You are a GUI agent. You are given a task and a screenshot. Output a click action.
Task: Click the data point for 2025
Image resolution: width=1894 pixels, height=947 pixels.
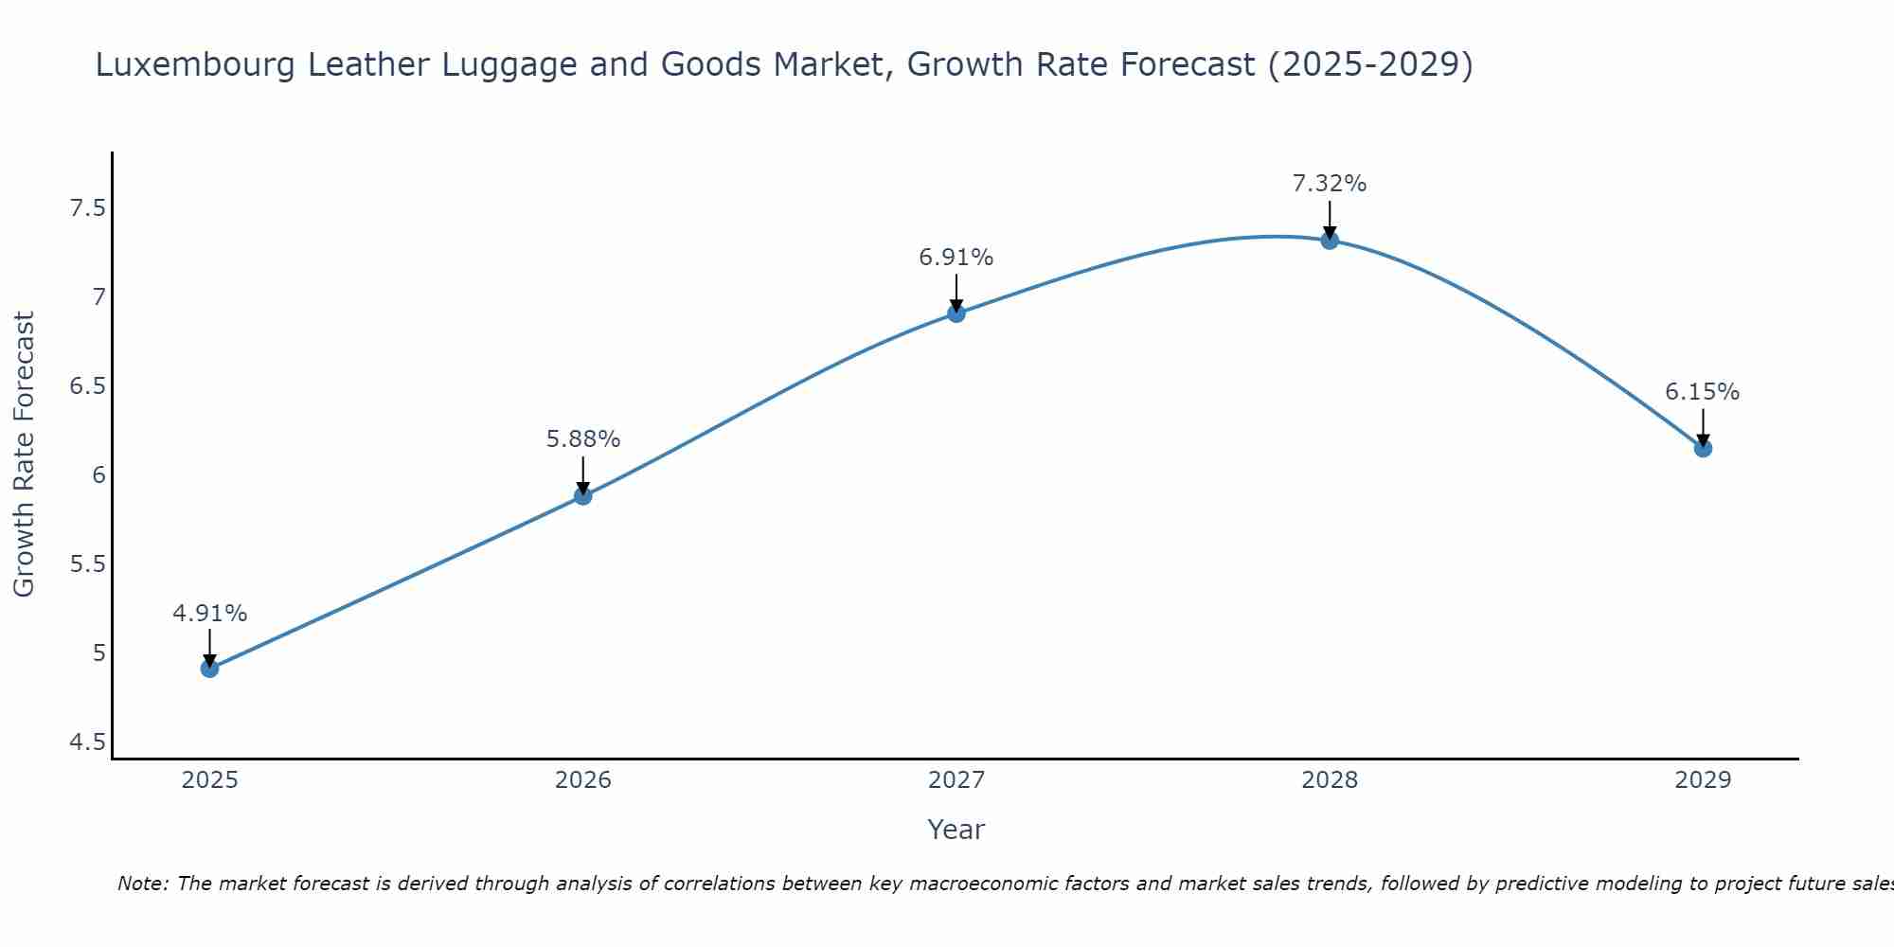(x=209, y=669)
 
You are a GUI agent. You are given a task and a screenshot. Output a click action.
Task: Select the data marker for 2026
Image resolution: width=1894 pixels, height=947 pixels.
(x=582, y=495)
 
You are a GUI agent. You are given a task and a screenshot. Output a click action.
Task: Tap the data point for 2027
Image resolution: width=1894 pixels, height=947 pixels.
(x=956, y=313)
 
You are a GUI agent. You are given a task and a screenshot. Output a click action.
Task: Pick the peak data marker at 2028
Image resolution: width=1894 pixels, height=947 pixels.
(x=1330, y=241)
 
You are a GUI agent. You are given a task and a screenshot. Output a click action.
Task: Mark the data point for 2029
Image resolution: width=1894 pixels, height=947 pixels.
(x=1703, y=448)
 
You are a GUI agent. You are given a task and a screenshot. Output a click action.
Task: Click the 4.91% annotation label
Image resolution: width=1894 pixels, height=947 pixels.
(x=209, y=614)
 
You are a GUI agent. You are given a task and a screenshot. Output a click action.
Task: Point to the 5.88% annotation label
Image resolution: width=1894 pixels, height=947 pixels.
(x=582, y=439)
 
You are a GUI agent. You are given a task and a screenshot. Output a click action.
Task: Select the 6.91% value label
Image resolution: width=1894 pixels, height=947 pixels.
(x=956, y=258)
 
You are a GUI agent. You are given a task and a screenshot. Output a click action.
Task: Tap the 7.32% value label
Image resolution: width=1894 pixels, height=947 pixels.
(x=1330, y=184)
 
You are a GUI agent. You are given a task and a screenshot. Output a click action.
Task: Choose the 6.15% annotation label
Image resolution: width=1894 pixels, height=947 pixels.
(x=1703, y=392)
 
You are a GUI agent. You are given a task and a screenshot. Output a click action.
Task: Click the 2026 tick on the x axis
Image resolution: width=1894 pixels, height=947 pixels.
(x=582, y=780)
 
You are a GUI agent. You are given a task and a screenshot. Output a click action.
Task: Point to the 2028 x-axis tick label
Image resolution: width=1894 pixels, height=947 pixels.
(x=1330, y=780)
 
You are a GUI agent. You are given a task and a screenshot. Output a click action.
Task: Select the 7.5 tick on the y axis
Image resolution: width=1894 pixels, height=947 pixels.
(x=87, y=208)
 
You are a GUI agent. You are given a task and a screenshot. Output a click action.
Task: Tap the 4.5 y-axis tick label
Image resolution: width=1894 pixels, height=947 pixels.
(x=87, y=742)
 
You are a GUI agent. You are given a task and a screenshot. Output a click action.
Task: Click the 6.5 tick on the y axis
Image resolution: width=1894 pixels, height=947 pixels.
(x=87, y=386)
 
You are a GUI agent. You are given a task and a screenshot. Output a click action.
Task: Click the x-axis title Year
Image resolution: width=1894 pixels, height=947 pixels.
(x=956, y=830)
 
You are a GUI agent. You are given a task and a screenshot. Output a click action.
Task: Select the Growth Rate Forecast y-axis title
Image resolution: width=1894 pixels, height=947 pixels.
(x=25, y=455)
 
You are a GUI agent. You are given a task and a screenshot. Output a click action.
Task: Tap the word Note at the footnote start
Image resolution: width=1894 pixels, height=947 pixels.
(x=142, y=884)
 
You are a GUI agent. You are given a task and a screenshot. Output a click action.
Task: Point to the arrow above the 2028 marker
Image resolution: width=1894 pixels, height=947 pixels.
(x=1330, y=219)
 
